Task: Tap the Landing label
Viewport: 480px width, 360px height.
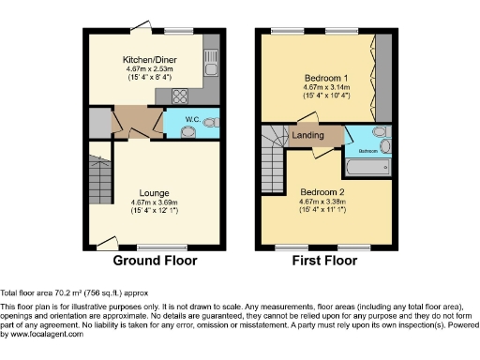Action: coord(308,136)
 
